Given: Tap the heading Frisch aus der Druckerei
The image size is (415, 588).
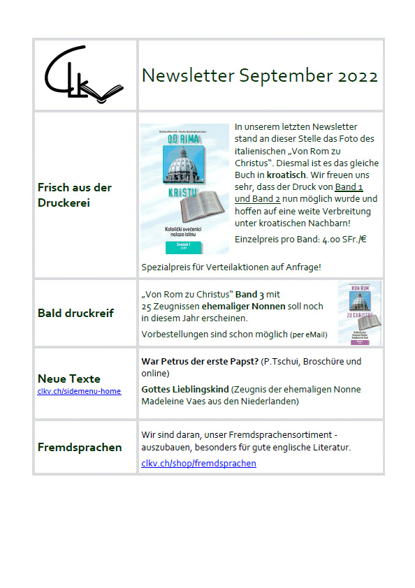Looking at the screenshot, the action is tap(74, 194).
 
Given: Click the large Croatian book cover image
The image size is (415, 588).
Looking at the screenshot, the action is tap(184, 189).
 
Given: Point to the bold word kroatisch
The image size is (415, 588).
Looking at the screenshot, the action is tap(287, 163).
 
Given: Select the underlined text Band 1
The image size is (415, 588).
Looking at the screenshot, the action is tap(349, 186).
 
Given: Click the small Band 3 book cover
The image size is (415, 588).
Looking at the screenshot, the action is tap(359, 312).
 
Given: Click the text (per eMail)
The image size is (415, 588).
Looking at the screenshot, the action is tap(308, 335).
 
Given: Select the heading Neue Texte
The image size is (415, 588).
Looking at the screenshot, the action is tap(68, 379).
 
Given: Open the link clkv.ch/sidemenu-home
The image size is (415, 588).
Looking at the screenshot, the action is tap(79, 391).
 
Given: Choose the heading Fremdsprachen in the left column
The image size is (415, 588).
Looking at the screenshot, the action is tap(79, 447).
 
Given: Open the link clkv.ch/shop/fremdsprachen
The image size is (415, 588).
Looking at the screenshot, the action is tap(198, 463).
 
